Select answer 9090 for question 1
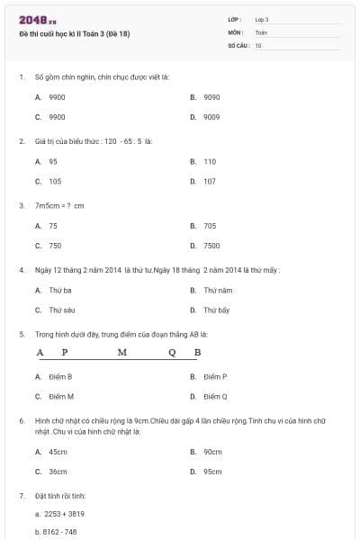(211, 96)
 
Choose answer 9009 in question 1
(211, 117)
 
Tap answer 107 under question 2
(210, 182)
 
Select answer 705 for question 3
(210, 226)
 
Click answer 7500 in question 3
(211, 246)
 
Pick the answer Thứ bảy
(217, 310)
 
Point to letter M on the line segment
(122, 352)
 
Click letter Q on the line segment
(172, 352)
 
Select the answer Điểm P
(215, 376)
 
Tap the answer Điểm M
(61, 396)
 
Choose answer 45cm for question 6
(58, 452)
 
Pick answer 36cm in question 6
(58, 471)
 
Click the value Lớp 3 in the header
(262, 19)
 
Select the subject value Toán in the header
(261, 31)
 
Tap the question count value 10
(258, 44)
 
